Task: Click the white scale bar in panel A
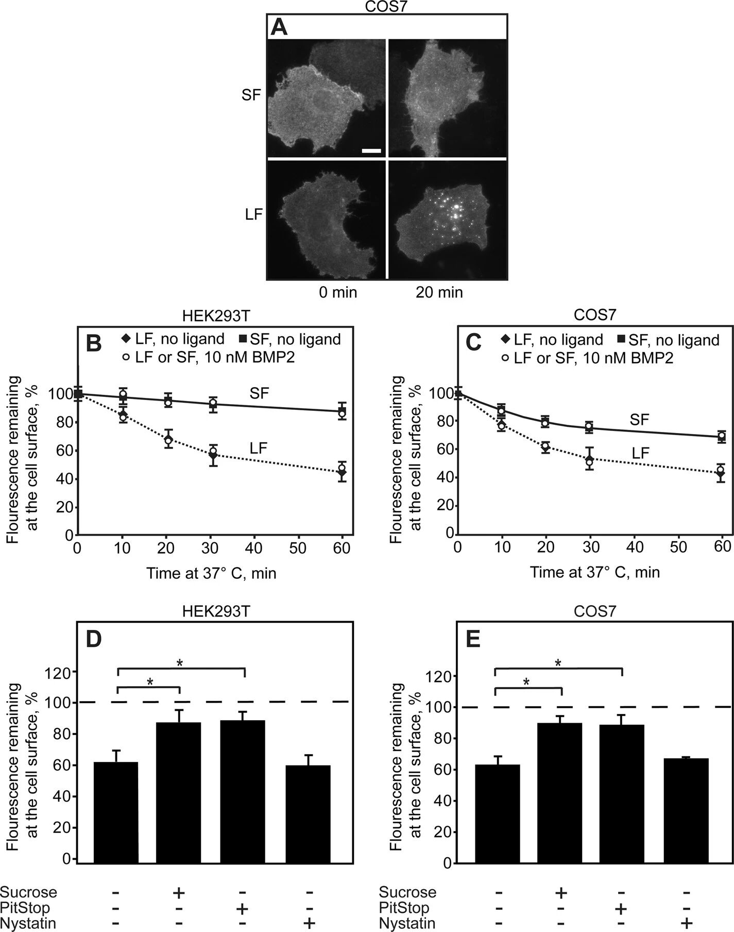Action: point(371,151)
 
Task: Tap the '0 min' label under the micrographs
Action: point(338,293)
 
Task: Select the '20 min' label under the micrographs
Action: point(439,293)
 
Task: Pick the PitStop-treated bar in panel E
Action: point(622,793)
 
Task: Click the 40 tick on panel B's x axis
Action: point(254,547)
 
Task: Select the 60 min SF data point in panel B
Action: point(342,412)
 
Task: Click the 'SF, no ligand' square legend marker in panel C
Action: point(621,339)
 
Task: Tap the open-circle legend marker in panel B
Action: point(125,357)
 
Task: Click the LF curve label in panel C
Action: point(641,453)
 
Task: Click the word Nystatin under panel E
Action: point(407,923)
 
